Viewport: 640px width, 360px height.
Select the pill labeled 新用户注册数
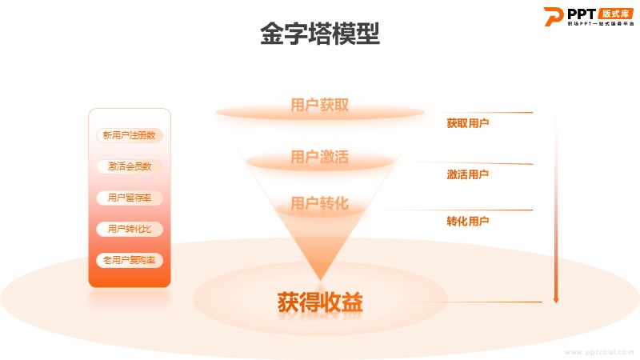tap(129, 135)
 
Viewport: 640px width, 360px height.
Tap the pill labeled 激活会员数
tap(129, 166)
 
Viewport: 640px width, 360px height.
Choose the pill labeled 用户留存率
tap(129, 198)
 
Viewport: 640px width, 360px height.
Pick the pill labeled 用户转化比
tap(129, 229)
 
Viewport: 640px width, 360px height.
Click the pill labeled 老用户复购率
tap(129, 260)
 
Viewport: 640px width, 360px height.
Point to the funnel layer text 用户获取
tap(319, 106)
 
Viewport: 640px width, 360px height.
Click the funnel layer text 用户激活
tap(319, 157)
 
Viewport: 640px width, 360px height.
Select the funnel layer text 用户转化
tap(319, 203)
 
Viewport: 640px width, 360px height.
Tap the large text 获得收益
tap(320, 302)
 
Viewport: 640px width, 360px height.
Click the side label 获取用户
tap(467, 123)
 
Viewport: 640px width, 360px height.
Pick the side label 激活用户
tap(467, 174)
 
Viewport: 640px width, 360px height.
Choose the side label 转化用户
tap(467, 221)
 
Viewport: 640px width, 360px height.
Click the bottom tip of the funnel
tap(320, 278)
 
